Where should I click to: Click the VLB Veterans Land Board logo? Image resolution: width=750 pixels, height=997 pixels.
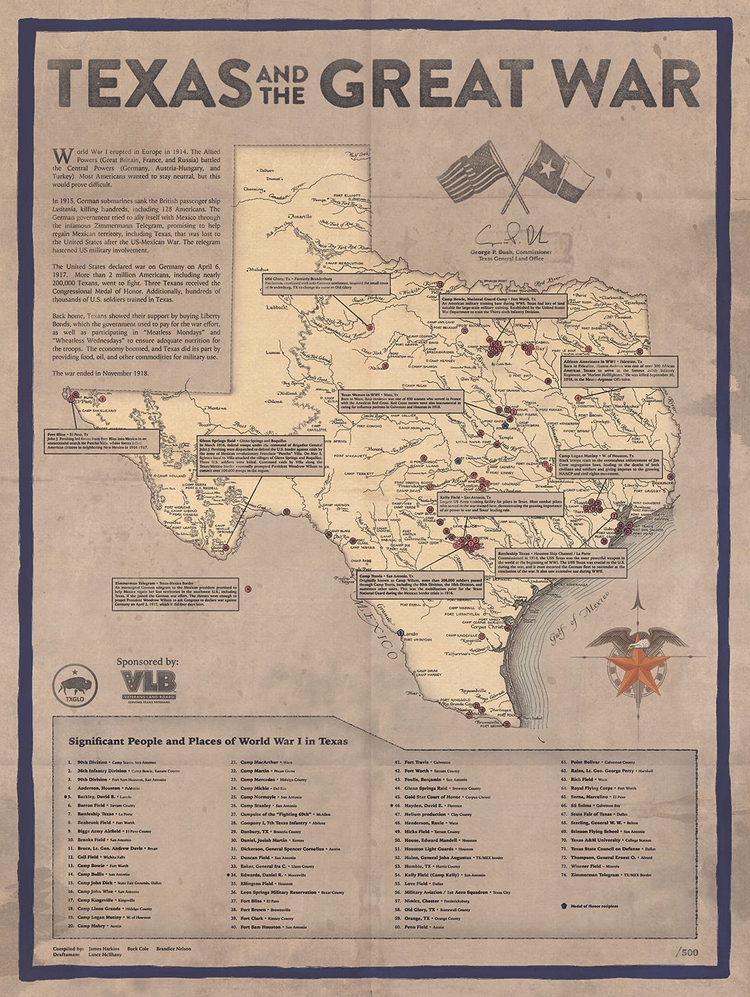(x=148, y=685)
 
